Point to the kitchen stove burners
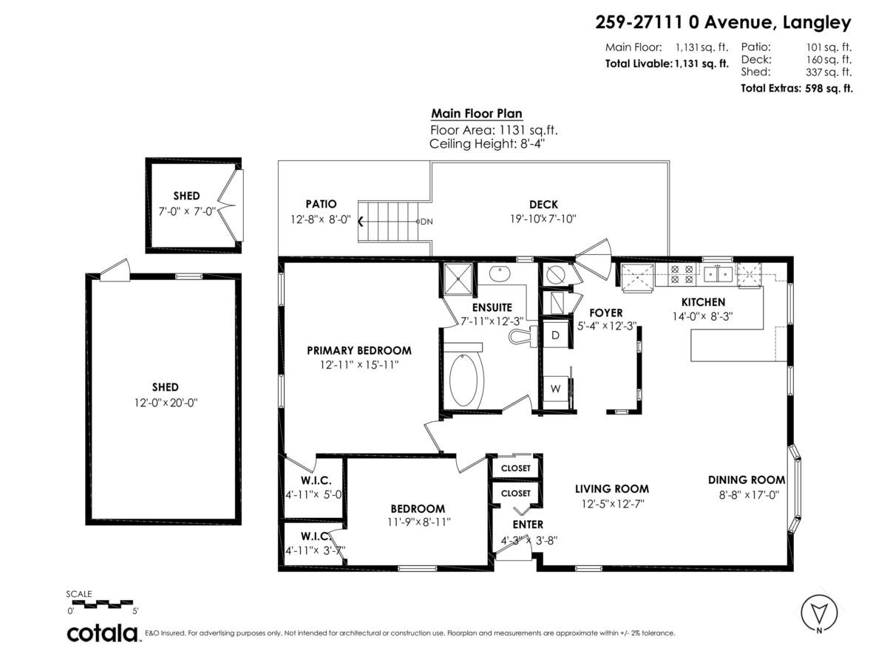(681, 275)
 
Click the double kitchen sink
(717, 275)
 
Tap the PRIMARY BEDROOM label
(359, 350)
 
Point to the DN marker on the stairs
(426, 221)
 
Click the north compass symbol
(819, 612)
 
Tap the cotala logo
(103, 633)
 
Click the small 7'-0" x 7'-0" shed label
(186, 211)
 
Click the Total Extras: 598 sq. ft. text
(797, 88)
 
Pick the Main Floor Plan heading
(477, 114)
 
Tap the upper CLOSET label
(516, 468)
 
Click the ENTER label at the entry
(528, 525)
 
